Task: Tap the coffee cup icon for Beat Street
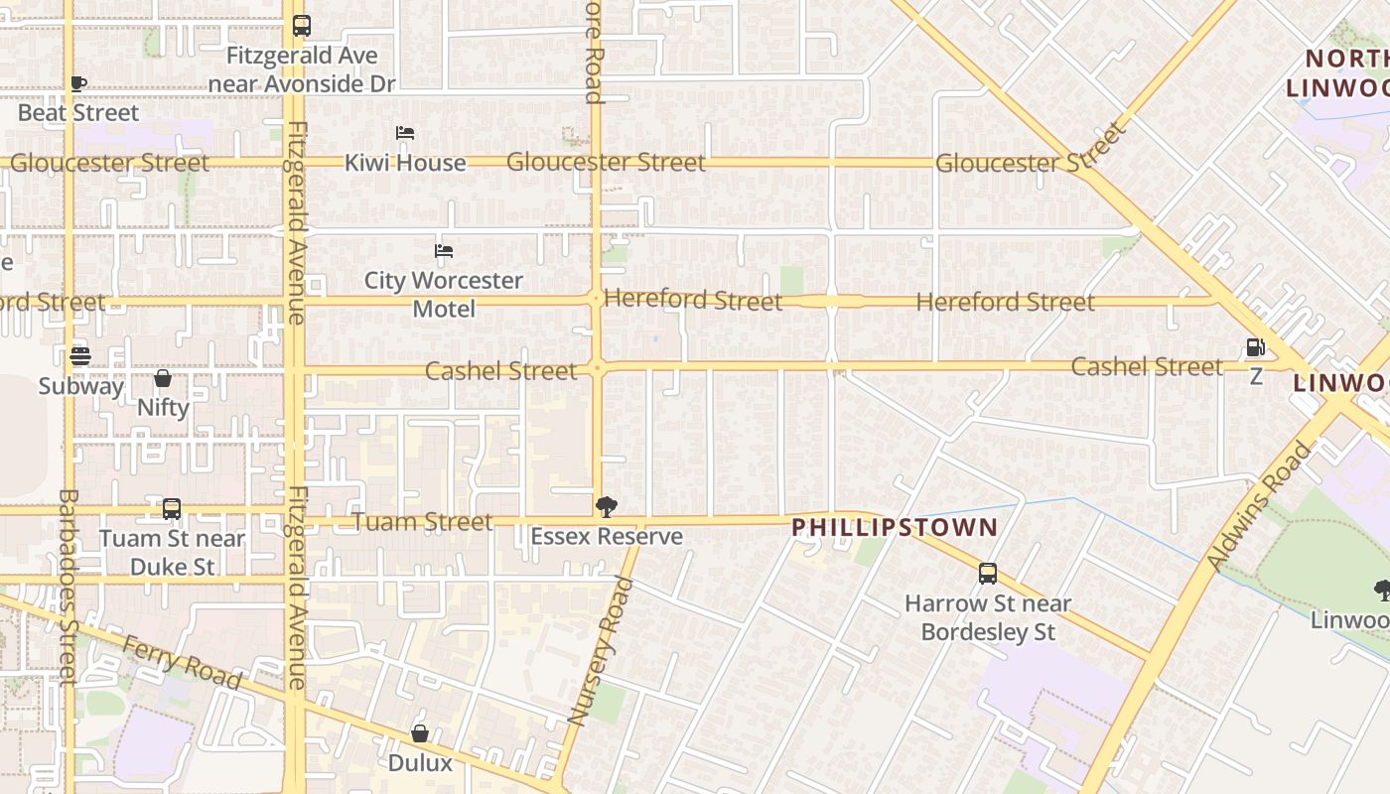coord(78,84)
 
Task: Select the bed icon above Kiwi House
coord(405,133)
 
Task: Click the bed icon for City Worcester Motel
coord(444,251)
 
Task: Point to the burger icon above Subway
coord(80,355)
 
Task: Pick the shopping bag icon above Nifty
coord(163,378)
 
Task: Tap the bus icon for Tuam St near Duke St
coord(172,509)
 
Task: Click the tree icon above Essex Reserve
coord(606,508)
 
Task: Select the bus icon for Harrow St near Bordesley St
coord(988,574)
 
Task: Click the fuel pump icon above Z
coord(1256,347)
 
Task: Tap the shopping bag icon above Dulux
coord(420,733)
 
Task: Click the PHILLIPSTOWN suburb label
coord(895,527)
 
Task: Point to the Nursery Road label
coord(600,651)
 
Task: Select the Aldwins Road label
coord(1259,506)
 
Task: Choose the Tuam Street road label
coord(424,522)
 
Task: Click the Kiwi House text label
coord(405,163)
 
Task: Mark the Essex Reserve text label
coord(607,537)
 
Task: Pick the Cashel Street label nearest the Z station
coord(1147,366)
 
